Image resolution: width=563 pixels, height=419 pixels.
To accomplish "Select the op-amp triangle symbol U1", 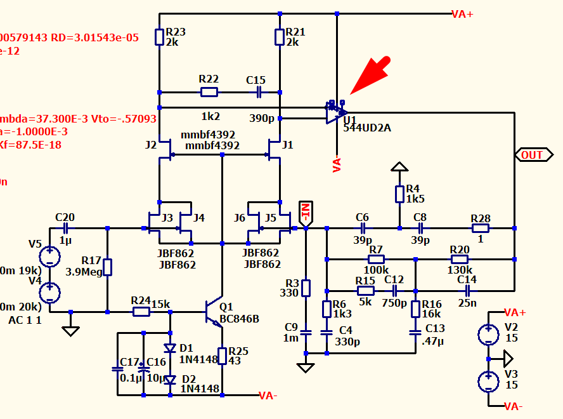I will coord(334,113).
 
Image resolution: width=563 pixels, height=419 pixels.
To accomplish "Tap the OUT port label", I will coord(532,155).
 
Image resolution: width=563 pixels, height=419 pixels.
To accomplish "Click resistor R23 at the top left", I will coord(159,37).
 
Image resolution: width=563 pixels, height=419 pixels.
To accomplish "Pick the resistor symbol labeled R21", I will coord(279,37).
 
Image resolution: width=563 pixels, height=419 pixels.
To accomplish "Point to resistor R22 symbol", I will coord(209,93).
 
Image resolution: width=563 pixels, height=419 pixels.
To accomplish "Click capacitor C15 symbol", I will coord(259,93).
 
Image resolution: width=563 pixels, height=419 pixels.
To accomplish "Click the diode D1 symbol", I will coord(170,348).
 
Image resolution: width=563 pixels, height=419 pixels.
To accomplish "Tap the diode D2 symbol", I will coord(170,380).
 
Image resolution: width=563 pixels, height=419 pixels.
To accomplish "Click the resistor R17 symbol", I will coord(107,267).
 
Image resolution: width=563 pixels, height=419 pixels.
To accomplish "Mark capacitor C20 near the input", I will coord(65,228).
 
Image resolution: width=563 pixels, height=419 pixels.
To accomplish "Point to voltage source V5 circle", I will coord(49,257).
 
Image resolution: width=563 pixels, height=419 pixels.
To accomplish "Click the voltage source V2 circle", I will coord(488,334).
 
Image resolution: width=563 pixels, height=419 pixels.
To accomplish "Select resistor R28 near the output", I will coord(481,228).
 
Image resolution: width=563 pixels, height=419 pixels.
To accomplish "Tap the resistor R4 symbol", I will coord(399,194).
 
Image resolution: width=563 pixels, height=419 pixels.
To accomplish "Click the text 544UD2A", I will coord(367,128).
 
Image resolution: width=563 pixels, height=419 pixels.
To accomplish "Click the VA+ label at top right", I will coord(462,14).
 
